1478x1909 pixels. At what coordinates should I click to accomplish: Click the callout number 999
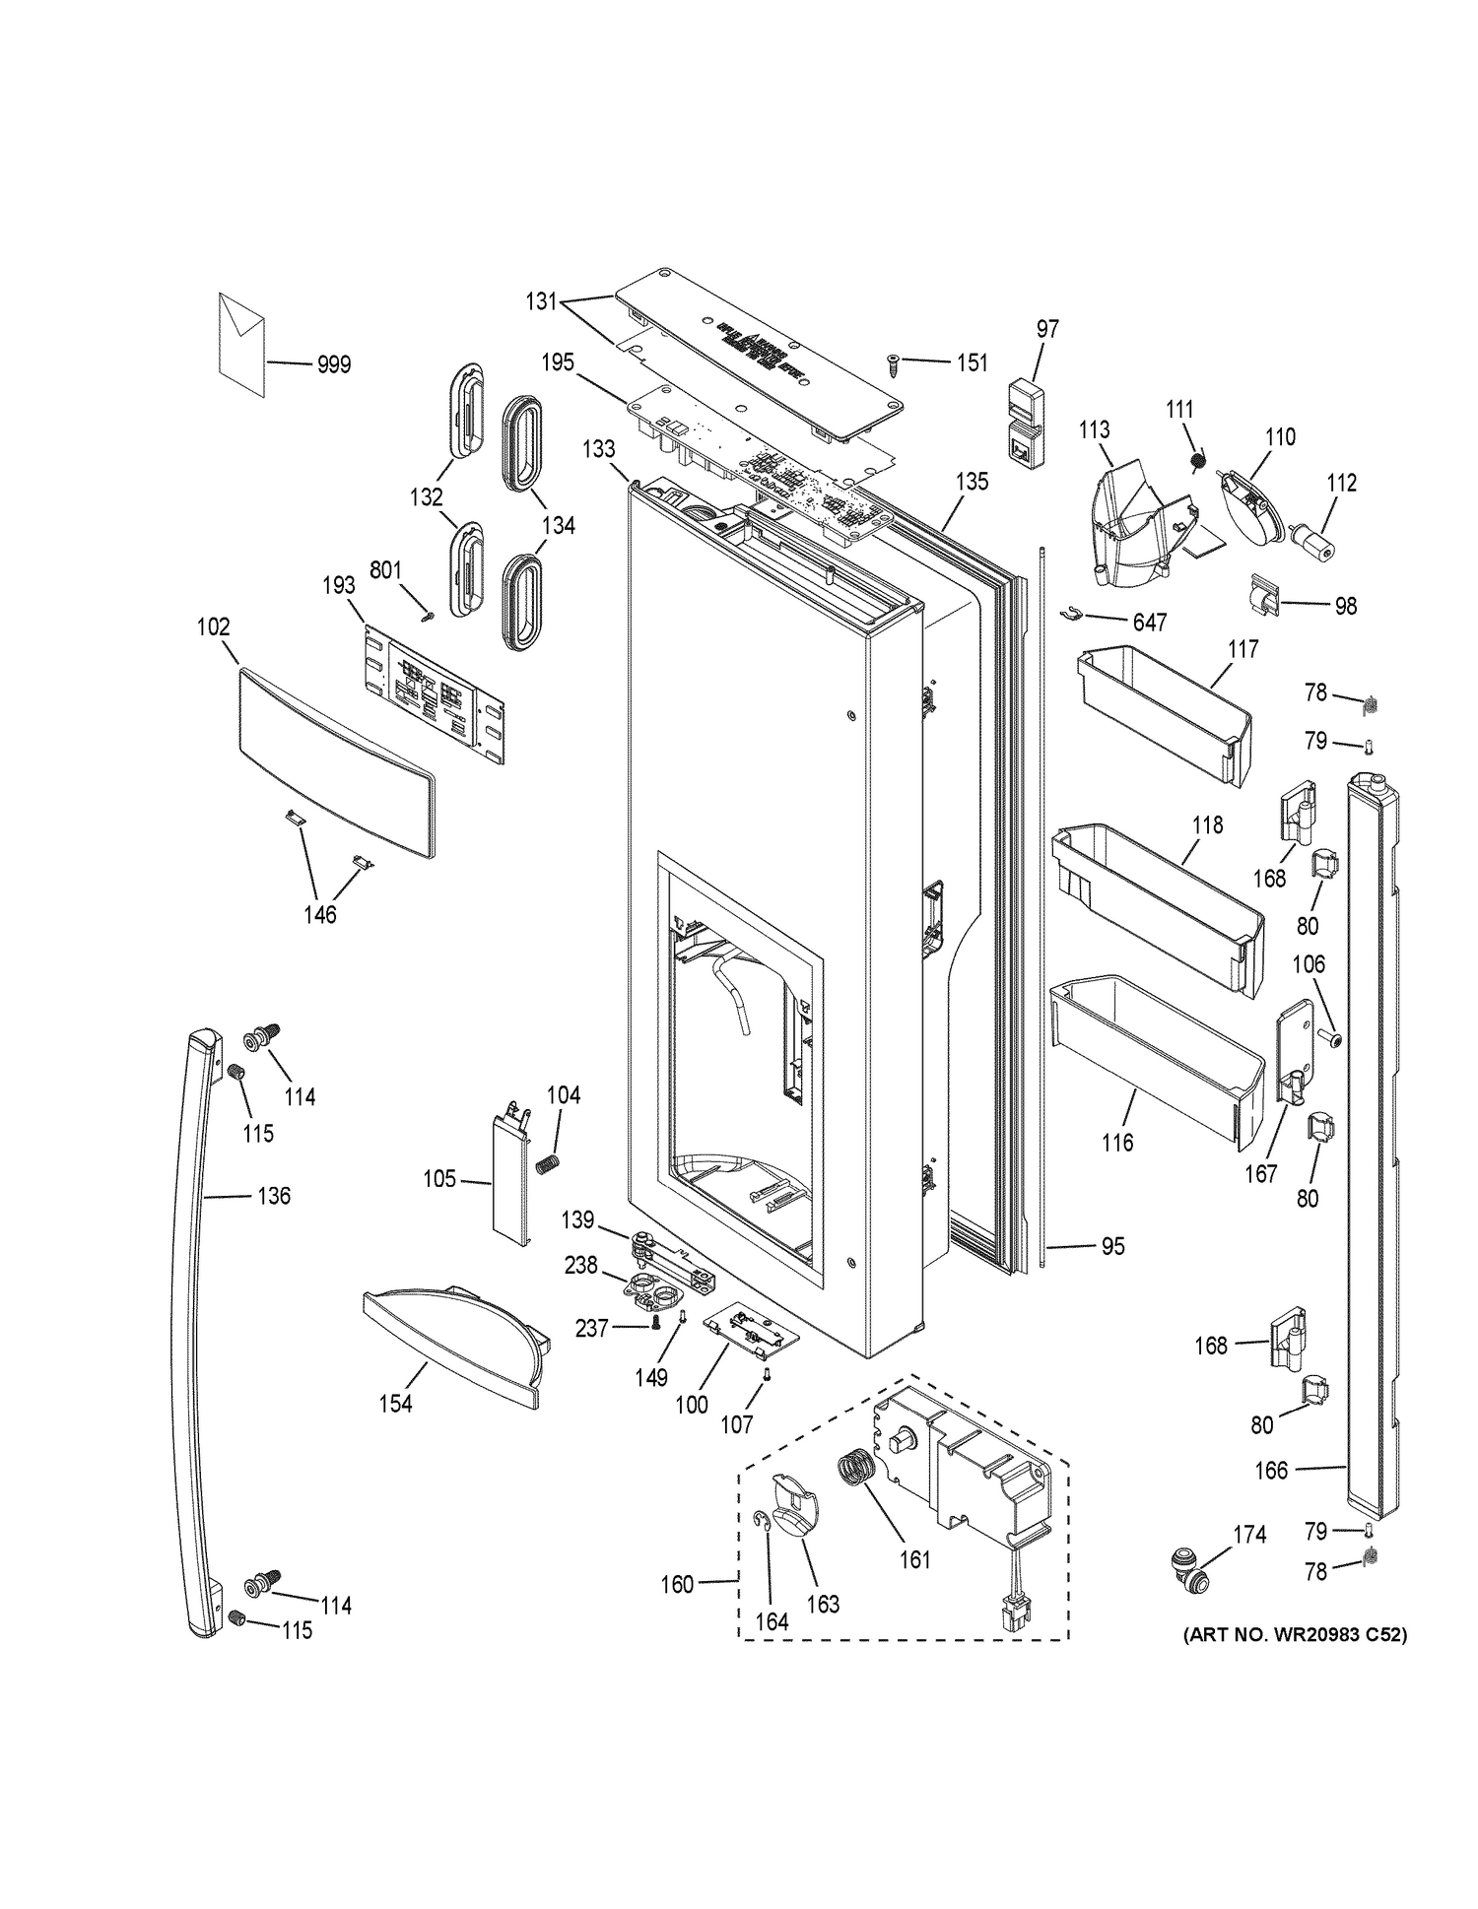point(334,364)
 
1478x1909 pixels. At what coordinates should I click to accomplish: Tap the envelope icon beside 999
point(241,344)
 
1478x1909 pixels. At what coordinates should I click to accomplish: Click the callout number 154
point(396,1404)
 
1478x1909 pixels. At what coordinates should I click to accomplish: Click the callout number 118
point(1207,824)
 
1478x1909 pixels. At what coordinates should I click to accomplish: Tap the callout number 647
point(1150,623)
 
